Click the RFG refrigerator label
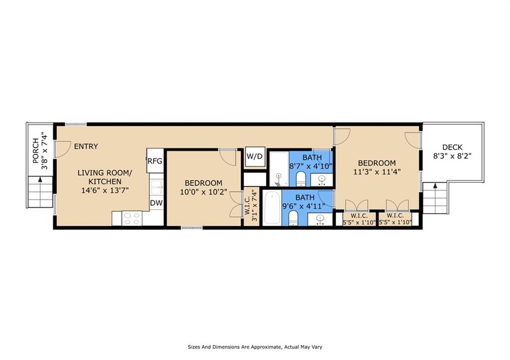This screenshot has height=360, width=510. tap(154, 161)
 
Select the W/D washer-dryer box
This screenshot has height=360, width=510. tap(255, 156)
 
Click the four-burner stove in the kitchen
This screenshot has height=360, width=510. tap(132, 218)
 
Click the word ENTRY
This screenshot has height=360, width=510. tap(86, 146)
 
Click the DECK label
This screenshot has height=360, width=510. tap(452, 147)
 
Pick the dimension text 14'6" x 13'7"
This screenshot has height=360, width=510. tap(105, 190)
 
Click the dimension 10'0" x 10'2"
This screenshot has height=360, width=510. tap(203, 192)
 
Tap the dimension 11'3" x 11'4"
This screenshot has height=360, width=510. tap(377, 172)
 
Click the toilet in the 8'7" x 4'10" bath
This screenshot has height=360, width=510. tap(300, 178)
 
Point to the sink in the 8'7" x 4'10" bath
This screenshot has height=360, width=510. tap(322, 179)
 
